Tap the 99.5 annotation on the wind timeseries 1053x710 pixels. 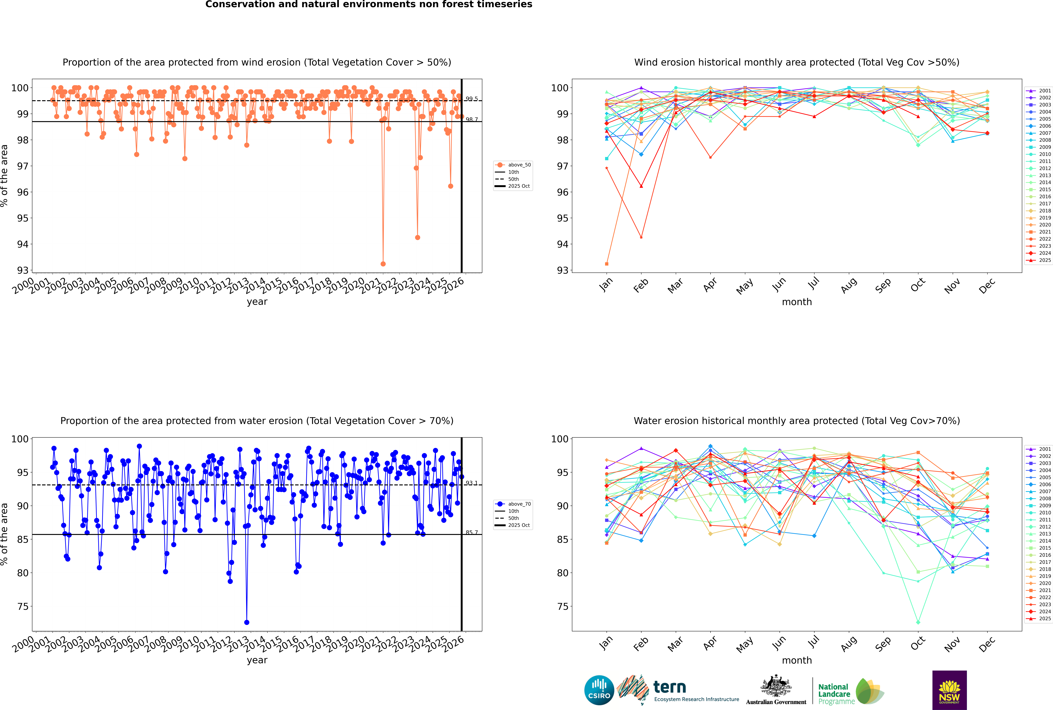(471, 99)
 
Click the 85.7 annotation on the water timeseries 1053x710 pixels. (471, 532)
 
